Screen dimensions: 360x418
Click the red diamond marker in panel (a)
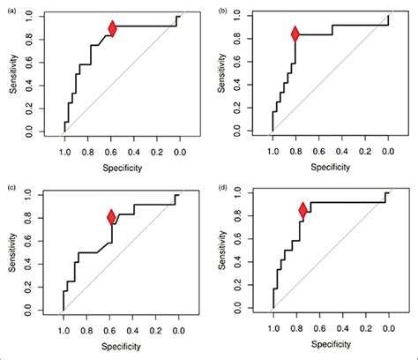click(x=113, y=28)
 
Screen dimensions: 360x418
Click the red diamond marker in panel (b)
click(x=295, y=34)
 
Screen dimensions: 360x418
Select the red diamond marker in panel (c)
click(x=112, y=216)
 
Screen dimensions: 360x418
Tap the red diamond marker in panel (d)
click(x=303, y=210)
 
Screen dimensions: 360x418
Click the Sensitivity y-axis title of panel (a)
click(x=11, y=75)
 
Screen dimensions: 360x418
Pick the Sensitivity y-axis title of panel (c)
click(x=11, y=254)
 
